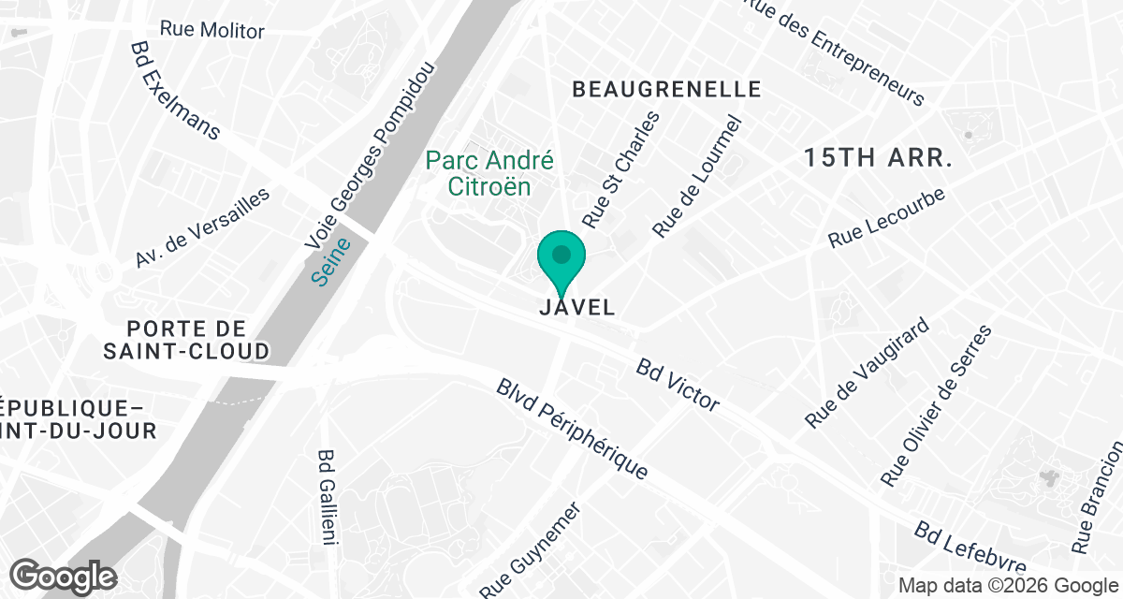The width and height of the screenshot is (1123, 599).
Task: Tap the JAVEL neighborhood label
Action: pyautogui.click(x=577, y=307)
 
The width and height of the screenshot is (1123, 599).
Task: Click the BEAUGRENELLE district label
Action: pyautogui.click(x=666, y=90)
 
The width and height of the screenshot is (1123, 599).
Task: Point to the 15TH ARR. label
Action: pyautogui.click(x=878, y=157)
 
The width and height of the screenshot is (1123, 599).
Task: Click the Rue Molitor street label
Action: pyautogui.click(x=211, y=29)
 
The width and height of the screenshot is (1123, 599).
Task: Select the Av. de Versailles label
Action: pyautogui.click(x=202, y=227)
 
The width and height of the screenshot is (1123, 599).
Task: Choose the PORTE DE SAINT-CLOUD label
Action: pyautogui.click(x=198, y=340)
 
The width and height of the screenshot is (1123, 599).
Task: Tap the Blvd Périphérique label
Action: pyautogui.click(x=573, y=429)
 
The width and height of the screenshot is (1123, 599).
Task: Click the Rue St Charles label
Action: pyautogui.click(x=620, y=169)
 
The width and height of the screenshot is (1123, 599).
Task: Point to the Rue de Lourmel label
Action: pyautogui.click(x=696, y=177)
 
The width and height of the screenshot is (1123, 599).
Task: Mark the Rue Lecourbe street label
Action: pyautogui.click(x=887, y=219)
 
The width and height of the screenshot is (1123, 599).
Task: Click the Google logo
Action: pyautogui.click(x=64, y=575)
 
